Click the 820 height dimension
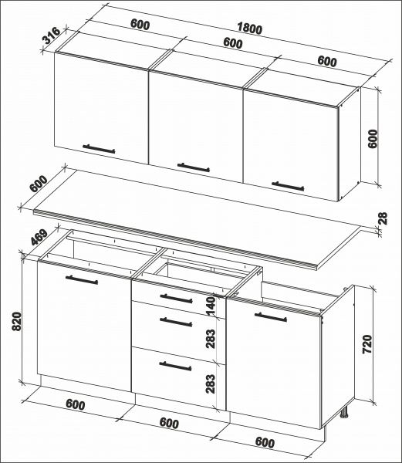(x=16, y=320)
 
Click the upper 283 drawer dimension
(x=211, y=337)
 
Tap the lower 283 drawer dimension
(x=211, y=384)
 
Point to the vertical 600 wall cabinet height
(x=373, y=140)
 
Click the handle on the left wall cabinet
(x=99, y=148)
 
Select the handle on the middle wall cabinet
(x=193, y=166)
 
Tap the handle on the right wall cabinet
(x=288, y=184)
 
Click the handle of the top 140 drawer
(x=176, y=298)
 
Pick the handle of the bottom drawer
(x=176, y=366)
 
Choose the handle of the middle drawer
(x=176, y=320)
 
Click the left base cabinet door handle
(x=83, y=282)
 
